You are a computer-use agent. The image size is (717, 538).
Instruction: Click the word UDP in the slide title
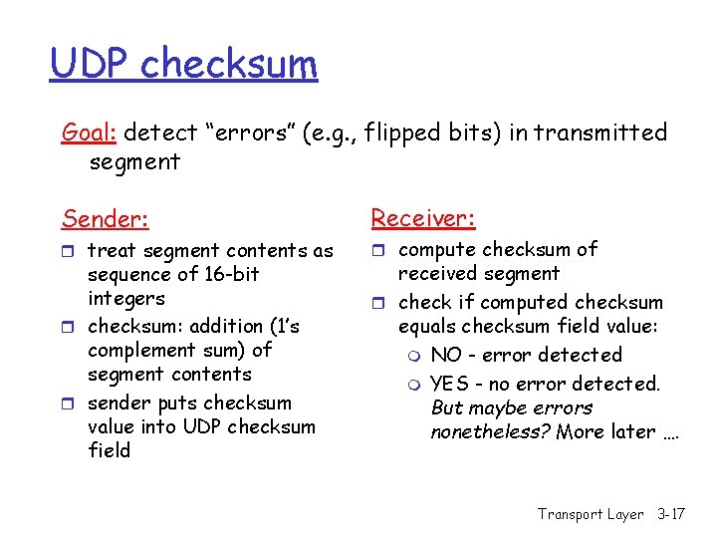[x=91, y=64]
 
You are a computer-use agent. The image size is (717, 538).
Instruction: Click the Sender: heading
[x=104, y=218]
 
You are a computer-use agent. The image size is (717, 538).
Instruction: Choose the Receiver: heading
[x=423, y=218]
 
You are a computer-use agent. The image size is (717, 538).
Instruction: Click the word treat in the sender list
[x=111, y=251]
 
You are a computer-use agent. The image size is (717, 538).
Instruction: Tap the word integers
[x=126, y=299]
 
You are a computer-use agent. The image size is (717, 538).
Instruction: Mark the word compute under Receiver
[x=437, y=250]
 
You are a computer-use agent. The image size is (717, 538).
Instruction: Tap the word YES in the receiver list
[x=450, y=384]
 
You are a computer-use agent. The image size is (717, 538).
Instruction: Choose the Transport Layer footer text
[x=591, y=514]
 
